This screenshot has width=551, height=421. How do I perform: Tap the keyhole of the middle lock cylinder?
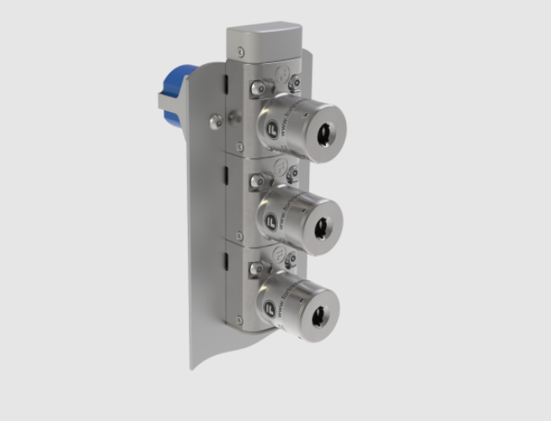point(321,226)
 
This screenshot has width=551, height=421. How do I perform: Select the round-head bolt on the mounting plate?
point(217,120)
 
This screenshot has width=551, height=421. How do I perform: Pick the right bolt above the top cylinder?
point(293,84)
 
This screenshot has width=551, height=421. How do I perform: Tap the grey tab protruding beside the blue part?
point(162,100)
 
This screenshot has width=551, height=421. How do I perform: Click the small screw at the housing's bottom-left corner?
point(239,320)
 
